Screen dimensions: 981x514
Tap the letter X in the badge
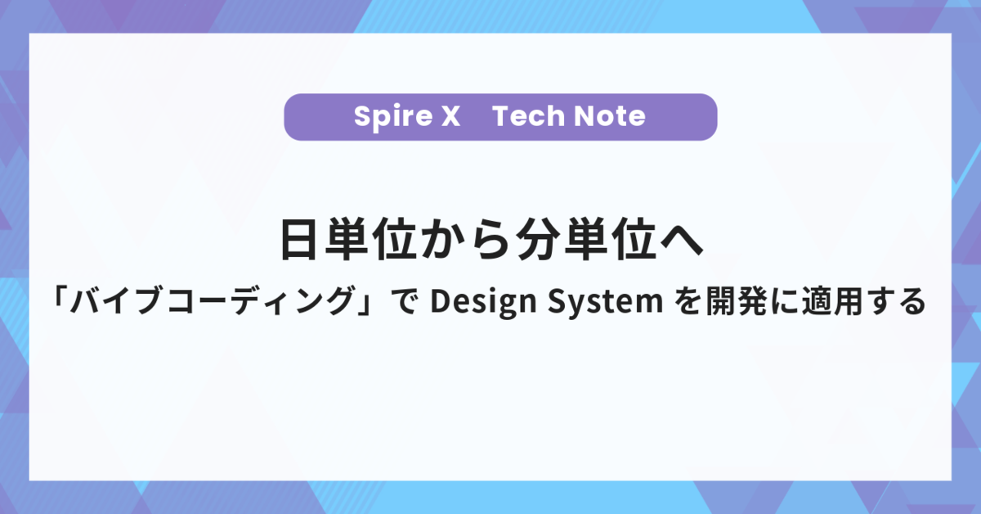pos(450,116)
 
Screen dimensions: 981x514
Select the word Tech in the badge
pos(528,116)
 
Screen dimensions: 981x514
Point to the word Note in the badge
pos(610,116)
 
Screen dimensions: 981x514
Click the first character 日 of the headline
pos(298,240)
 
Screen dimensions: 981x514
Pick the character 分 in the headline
pos(537,240)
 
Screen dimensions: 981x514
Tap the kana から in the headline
pos(465,240)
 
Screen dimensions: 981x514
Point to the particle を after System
pos(689,301)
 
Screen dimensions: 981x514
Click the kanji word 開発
pos(738,301)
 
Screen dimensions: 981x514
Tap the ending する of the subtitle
pos(897,301)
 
